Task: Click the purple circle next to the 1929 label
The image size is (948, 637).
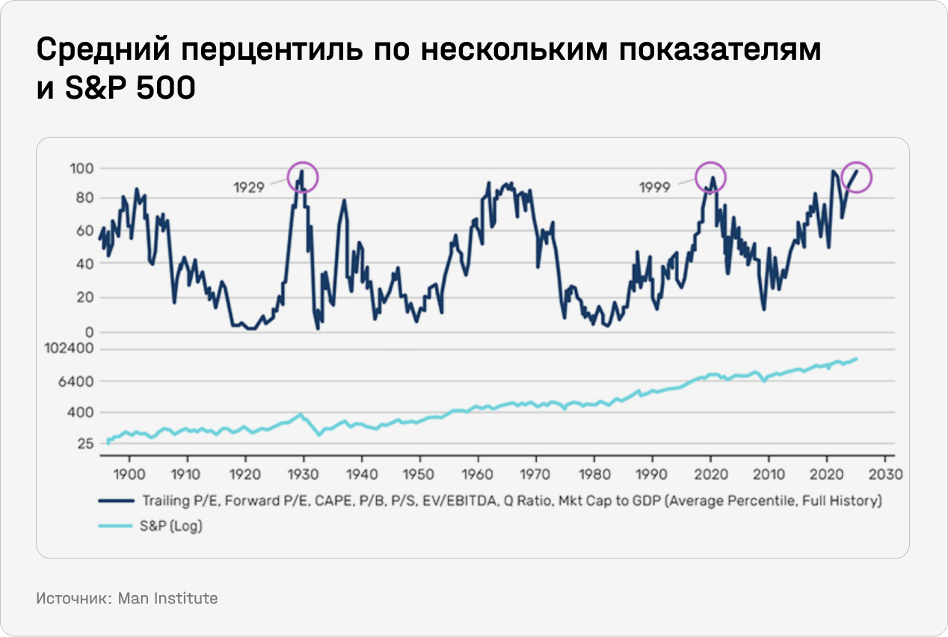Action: [303, 177]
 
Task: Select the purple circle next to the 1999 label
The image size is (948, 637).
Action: [711, 177]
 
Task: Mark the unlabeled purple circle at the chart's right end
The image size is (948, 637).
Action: [857, 177]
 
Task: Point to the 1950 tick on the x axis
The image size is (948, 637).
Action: [419, 474]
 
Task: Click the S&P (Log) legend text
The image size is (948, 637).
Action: [173, 526]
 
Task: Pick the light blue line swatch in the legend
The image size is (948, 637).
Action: [117, 526]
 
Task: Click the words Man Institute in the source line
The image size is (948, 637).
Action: [168, 598]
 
